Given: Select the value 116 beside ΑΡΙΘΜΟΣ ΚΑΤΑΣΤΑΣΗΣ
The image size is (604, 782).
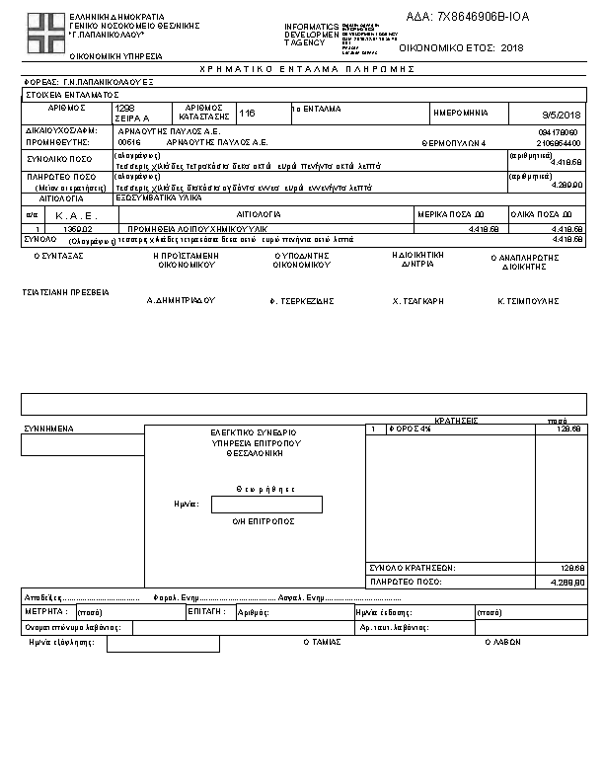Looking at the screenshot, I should [x=248, y=115].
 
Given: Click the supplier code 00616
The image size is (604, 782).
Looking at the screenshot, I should [x=128, y=141].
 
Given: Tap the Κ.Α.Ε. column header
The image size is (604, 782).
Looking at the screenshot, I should [x=71, y=214].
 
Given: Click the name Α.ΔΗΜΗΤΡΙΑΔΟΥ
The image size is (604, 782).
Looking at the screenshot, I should [x=181, y=299].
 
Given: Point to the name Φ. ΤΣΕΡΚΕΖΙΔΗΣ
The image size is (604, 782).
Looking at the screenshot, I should [x=302, y=299].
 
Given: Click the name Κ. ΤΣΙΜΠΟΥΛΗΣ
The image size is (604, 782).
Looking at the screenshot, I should [x=528, y=299].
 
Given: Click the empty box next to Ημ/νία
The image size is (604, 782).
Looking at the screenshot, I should [x=266, y=505].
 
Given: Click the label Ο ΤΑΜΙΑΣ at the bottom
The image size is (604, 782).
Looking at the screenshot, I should [x=322, y=642].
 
